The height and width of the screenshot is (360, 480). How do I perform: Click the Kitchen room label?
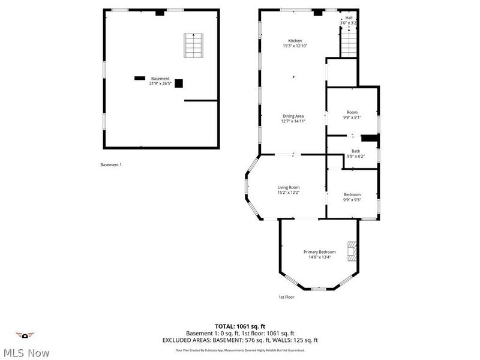tap(295, 41)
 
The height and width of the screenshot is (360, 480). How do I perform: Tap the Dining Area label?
tap(293, 116)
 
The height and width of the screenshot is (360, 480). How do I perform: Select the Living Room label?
tap(288, 188)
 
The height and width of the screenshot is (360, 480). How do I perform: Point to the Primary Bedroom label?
tap(319, 252)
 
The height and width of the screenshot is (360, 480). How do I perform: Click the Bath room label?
tap(356, 151)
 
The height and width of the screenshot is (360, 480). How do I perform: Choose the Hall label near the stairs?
tap(349, 18)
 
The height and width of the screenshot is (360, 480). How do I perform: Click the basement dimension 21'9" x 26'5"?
tap(160, 83)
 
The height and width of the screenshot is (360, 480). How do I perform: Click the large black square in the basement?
tap(178, 83)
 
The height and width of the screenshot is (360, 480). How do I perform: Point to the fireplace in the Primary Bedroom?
tap(352, 252)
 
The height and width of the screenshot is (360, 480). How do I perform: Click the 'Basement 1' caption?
tap(111, 165)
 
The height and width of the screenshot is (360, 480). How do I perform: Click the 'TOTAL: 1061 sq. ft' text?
tap(239, 326)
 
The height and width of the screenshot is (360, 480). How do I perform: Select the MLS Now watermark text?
tap(25, 353)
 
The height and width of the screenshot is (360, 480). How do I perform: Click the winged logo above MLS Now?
tap(25, 335)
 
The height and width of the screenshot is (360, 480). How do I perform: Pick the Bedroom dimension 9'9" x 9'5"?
tap(352, 199)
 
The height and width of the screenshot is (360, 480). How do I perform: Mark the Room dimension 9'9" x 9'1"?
tap(352, 118)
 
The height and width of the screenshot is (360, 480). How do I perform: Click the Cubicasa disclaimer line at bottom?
tap(239, 350)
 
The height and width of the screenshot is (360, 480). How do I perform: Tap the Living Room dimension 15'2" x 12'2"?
tap(288, 193)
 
